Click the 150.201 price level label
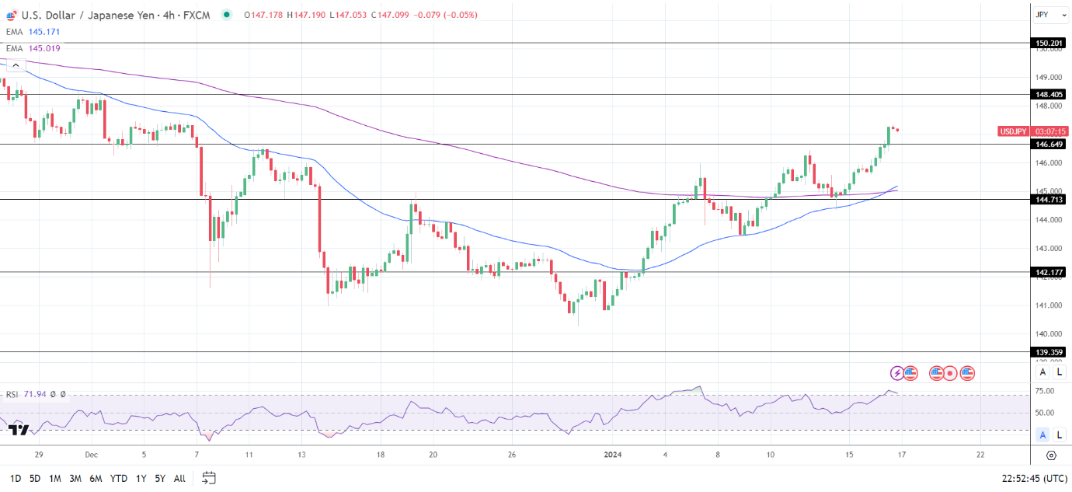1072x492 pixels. [1049, 44]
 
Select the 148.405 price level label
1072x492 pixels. [1049, 94]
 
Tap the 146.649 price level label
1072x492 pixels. [1049, 144]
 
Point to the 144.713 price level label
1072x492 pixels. [1049, 199]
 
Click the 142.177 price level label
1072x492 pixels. [1049, 272]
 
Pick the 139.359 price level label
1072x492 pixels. [1049, 352]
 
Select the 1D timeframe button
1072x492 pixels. [16, 478]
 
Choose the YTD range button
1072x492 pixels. [119, 478]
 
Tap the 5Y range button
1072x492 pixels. [159, 478]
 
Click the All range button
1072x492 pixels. [179, 478]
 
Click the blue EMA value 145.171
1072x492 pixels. [44, 32]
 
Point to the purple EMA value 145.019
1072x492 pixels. [44, 48]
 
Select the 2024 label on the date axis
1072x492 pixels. [613, 454]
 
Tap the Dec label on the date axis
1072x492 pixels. [91, 454]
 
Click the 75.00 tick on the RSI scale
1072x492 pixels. [1045, 391]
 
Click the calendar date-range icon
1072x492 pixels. [209, 478]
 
